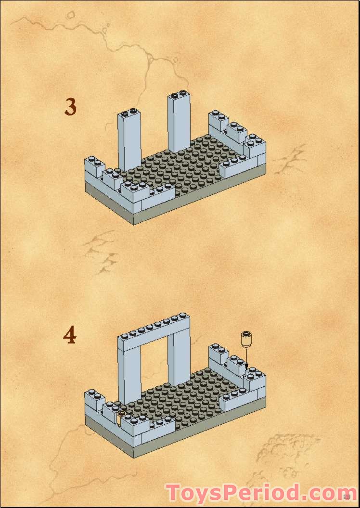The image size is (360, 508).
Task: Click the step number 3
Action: (71, 106)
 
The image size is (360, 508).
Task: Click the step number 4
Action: (70, 335)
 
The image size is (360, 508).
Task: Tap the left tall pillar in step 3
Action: (129, 142)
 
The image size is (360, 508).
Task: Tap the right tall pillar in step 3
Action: (179, 123)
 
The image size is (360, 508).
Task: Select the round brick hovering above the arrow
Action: (247, 340)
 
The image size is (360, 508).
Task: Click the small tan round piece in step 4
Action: (121, 414)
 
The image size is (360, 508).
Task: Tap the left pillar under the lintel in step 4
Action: (129, 375)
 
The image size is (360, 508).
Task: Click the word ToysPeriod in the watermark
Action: (236, 494)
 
